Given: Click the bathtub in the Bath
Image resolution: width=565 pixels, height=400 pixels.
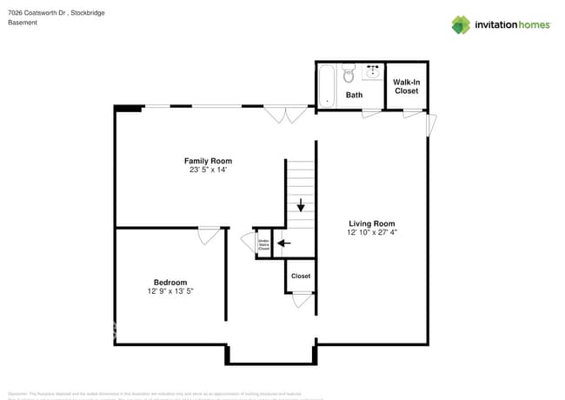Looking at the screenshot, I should coord(328,85).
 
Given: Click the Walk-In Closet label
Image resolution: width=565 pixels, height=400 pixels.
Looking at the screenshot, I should coord(406,86).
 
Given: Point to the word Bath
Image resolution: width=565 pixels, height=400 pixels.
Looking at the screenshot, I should coord(354,95).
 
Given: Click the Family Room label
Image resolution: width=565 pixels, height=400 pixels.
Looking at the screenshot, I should coord(208,161).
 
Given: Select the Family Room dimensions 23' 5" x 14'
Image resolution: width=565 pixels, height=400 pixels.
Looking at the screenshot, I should coord(208,170).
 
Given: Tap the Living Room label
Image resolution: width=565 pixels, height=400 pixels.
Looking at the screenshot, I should coord(372,223).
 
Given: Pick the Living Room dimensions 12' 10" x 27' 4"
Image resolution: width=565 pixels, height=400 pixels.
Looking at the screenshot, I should coord(372,232).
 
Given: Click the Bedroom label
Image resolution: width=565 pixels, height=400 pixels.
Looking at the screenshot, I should coord(170,282).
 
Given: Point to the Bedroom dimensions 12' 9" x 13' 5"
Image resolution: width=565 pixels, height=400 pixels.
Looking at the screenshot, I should coord(170,290).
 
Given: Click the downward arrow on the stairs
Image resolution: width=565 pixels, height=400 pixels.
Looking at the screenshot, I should coord(301,206).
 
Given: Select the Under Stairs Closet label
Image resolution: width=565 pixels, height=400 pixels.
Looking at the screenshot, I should coord(263,243).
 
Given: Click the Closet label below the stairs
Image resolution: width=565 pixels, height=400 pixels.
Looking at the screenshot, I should coord(301,276).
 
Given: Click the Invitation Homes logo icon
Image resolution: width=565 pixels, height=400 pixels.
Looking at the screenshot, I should coord(461,24).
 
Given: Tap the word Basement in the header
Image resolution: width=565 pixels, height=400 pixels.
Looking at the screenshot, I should coord(23,23).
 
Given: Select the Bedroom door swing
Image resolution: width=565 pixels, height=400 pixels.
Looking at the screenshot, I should coord(209,235).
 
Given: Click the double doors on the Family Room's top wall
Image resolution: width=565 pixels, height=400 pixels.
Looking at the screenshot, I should coord(285,114).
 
